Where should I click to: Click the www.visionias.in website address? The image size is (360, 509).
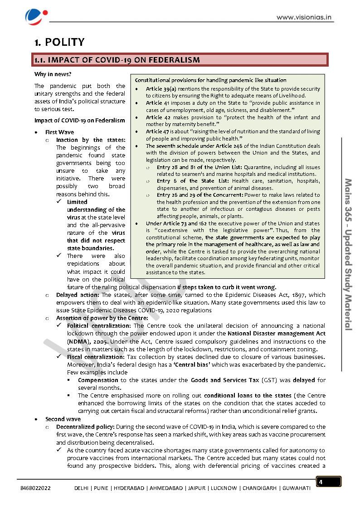tap(305, 18)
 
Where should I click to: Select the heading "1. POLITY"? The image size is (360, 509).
tap(59, 42)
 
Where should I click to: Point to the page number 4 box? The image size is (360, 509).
tap(328, 482)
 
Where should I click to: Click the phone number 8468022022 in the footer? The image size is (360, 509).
tap(35, 488)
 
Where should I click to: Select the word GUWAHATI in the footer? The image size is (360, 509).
tap(297, 488)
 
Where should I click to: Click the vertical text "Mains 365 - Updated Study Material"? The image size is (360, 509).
tap(349, 254)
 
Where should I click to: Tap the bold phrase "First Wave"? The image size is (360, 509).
tap(59, 132)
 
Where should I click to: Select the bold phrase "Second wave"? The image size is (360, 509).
tap(63, 419)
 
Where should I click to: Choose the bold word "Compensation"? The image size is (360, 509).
tap(98, 380)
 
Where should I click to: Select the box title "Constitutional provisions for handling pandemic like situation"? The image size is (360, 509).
tap(210, 80)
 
